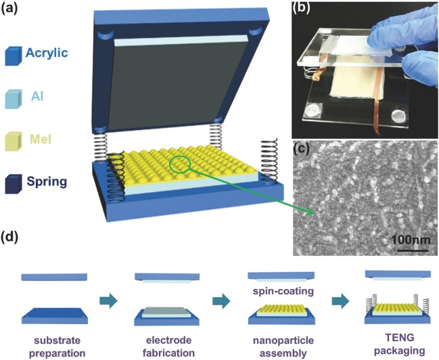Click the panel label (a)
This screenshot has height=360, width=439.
(13, 9)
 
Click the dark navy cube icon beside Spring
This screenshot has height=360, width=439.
(12, 184)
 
